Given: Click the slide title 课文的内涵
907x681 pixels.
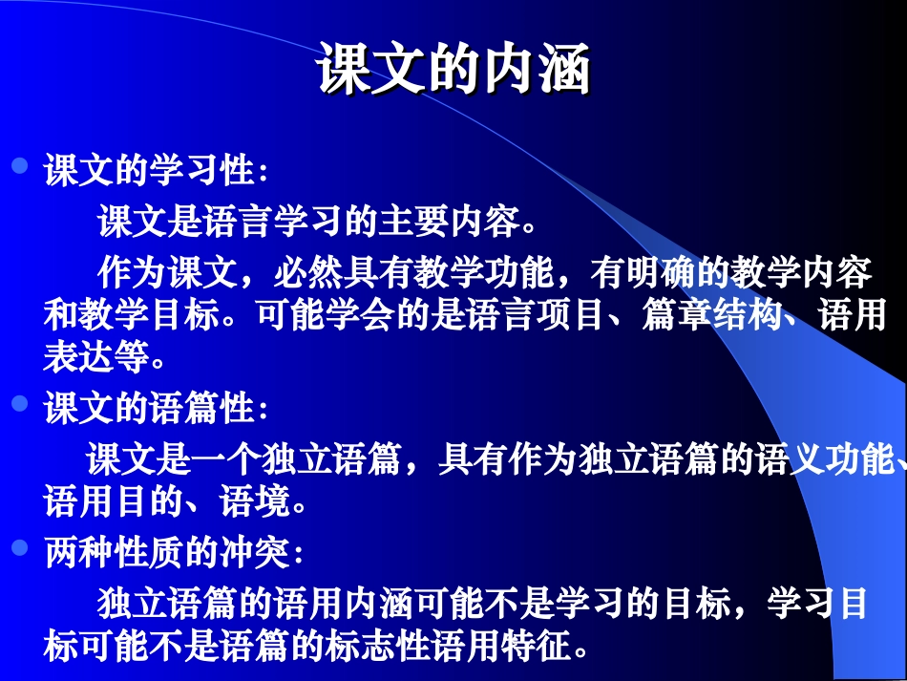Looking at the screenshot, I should (453, 69).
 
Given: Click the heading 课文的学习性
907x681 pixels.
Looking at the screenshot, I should (157, 172).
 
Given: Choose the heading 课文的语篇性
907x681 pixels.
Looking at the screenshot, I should (157, 411).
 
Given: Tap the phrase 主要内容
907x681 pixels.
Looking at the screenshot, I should (449, 223).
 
